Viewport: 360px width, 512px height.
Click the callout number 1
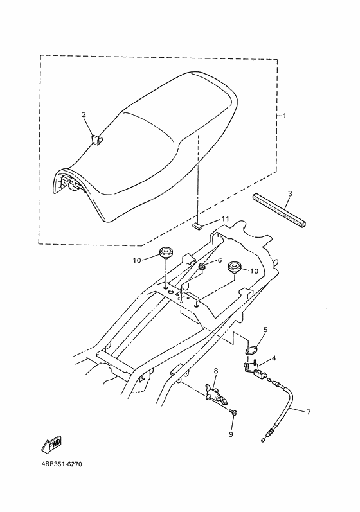[285, 116]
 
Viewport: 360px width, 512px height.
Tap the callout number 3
[290, 193]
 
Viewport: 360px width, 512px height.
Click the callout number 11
[226, 220]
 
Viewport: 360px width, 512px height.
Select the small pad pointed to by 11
[199, 225]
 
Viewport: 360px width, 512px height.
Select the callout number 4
[274, 358]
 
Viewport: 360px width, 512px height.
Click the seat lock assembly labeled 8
[215, 393]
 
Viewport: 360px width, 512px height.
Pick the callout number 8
[216, 371]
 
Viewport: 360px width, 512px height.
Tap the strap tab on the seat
[96, 138]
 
